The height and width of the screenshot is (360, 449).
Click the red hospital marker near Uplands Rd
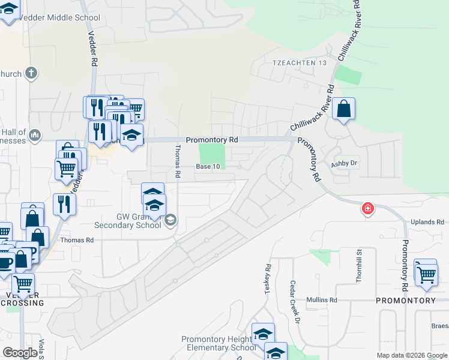point(367,209)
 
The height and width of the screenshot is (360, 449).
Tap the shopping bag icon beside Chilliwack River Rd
point(343,109)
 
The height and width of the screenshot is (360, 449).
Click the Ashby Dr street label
point(345,163)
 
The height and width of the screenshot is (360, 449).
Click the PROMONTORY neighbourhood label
point(406,300)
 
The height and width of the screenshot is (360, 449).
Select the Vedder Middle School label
point(59,17)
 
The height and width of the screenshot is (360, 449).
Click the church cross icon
point(31,74)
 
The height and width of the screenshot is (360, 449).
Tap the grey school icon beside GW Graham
point(170,221)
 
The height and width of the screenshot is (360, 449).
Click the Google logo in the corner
point(20,353)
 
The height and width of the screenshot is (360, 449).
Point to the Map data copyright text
point(412,355)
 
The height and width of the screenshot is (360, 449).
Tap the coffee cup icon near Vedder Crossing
point(5,262)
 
